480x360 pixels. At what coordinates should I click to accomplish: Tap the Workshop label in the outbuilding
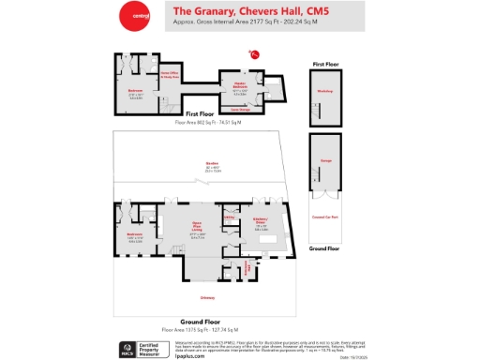coord(324,91)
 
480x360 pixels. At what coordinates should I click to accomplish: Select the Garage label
coord(324,161)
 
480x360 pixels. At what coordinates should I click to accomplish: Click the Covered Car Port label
coord(324,217)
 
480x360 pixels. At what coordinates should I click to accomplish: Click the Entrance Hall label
coord(248,268)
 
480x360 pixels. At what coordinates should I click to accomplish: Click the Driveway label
coord(208,299)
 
